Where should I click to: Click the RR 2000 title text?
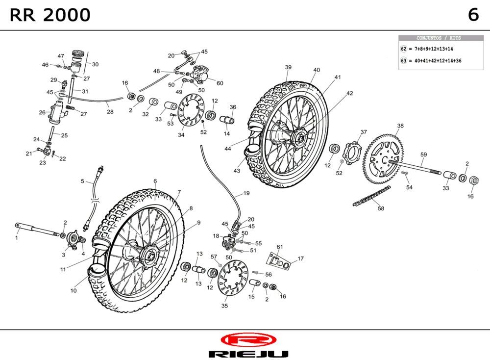(50, 15)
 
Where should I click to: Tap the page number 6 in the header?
(473, 15)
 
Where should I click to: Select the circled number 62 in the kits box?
(404, 49)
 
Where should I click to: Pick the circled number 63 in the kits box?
(404, 61)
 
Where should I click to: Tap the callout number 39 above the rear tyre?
(288, 67)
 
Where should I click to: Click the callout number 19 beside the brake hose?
(246, 193)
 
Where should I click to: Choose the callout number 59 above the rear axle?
(423, 154)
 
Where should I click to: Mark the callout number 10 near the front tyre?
(73, 290)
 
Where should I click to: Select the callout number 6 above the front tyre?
(155, 181)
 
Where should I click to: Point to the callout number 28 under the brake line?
(110, 112)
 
